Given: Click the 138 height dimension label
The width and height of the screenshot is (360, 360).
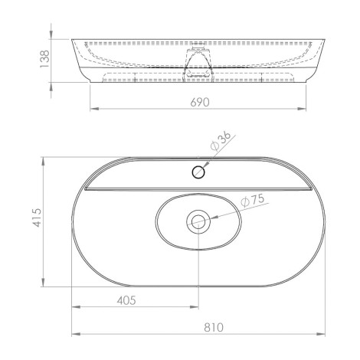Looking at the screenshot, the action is (44, 59).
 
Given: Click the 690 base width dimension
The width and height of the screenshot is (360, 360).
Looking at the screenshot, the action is (200, 103).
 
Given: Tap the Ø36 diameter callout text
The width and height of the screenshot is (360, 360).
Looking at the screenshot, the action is (221, 141).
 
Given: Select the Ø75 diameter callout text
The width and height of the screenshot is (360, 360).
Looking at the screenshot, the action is (253, 201).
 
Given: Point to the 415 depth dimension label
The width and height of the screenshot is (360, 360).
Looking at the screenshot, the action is (37, 218).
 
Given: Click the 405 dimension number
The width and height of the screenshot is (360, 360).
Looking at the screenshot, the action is (126, 300).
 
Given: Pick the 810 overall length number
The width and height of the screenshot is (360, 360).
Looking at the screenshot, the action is (214, 327).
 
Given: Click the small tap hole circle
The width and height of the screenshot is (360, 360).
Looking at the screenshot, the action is (198, 172).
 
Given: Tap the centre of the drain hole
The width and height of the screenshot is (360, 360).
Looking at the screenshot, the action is (198, 221).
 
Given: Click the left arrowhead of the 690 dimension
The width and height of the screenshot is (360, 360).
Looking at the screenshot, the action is (94, 109).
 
